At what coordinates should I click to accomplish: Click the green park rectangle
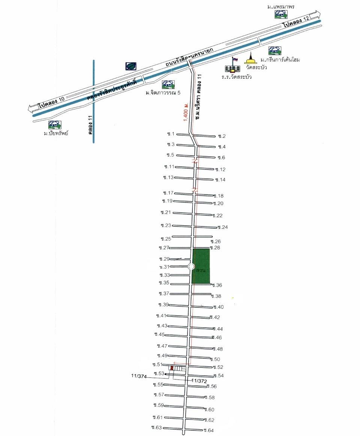coord(201,266)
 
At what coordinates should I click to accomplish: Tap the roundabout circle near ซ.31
coord(191,267)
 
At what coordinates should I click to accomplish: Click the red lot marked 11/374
coord(172,368)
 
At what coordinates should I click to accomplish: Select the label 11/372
coord(198,381)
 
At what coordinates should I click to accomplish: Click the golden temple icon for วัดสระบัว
coord(250,59)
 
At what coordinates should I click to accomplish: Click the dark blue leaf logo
coord(131,66)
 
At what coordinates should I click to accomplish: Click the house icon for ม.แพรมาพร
coord(280,14)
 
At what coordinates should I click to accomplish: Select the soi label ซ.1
coord(171,134)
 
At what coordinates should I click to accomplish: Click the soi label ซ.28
coord(214,248)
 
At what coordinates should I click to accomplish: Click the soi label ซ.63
coord(156,427)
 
